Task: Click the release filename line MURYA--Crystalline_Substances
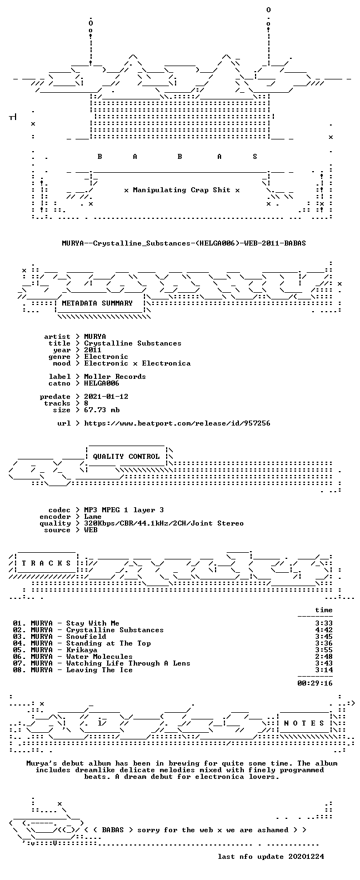click(183, 243)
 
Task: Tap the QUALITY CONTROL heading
click(126, 457)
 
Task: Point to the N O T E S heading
click(304, 723)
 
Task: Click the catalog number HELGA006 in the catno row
click(102, 383)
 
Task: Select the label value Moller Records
click(115, 376)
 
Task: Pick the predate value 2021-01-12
click(106, 397)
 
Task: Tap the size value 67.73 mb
click(102, 410)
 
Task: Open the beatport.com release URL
click(177, 423)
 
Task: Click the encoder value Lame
click(93, 517)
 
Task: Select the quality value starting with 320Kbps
click(164, 523)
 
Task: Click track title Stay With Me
click(93, 623)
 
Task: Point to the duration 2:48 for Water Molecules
click(324, 657)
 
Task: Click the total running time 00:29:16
click(315, 683)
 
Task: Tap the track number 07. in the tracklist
click(19, 663)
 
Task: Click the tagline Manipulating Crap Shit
click(181, 190)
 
